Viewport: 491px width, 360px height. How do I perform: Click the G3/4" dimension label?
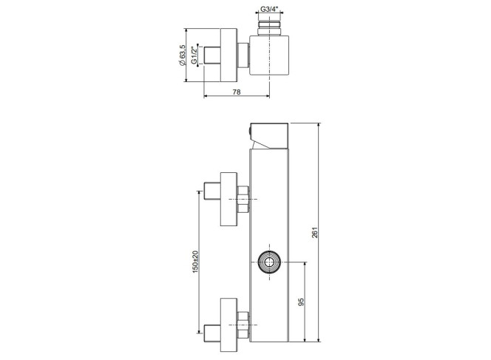(x=269, y=9)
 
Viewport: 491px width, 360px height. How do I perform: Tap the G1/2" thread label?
(x=194, y=55)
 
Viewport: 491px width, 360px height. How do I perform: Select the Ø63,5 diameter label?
(x=182, y=55)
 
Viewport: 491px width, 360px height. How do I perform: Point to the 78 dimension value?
(x=237, y=92)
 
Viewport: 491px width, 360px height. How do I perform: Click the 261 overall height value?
(x=315, y=232)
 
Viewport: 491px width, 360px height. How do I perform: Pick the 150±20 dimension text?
(x=195, y=262)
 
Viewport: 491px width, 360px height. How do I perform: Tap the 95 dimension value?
(x=301, y=302)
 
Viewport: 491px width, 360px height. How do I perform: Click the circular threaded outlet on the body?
(x=269, y=262)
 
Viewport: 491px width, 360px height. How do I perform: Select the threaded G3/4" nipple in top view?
(x=269, y=28)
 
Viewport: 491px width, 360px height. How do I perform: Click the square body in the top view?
(x=269, y=55)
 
